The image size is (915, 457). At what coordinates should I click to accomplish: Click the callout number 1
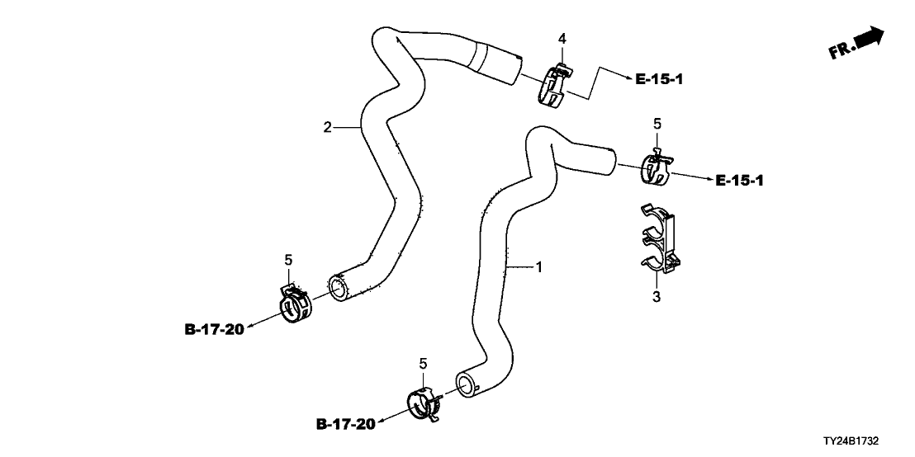click(538, 266)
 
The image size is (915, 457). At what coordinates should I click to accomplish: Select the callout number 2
click(327, 127)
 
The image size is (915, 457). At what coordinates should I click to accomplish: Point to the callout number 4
click(562, 39)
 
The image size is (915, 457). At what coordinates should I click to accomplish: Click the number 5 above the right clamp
click(657, 123)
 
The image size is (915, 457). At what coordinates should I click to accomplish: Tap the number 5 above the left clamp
click(289, 261)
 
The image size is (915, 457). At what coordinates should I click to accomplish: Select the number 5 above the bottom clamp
click(423, 363)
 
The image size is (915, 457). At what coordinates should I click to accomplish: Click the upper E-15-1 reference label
click(659, 79)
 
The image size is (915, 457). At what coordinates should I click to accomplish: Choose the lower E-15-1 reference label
click(740, 180)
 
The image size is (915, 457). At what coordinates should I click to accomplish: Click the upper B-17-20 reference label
click(214, 330)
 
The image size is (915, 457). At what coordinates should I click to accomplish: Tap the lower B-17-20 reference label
click(345, 425)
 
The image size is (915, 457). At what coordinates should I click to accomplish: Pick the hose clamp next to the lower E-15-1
click(656, 168)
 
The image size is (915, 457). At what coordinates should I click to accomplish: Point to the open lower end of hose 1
click(467, 384)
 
